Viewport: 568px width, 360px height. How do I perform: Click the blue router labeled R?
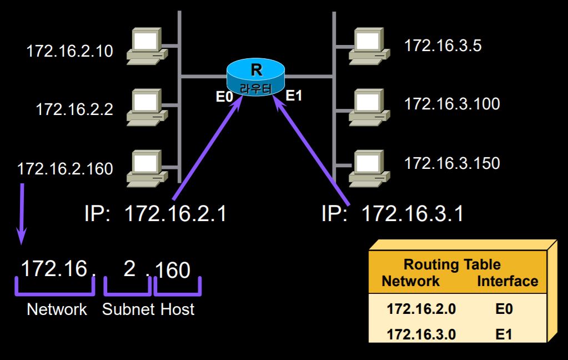[x=256, y=77]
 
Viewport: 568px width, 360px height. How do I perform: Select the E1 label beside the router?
[x=294, y=96]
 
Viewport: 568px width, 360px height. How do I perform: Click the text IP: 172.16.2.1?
[x=156, y=213]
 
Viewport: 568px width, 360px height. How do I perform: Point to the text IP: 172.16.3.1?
[x=393, y=213]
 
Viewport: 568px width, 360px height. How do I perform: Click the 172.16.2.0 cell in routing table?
[x=421, y=309]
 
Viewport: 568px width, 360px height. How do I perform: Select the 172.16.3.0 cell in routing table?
[x=421, y=334]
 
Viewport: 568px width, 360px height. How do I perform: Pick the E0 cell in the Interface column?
[x=504, y=309]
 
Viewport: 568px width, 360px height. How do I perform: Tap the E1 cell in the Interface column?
[x=504, y=334]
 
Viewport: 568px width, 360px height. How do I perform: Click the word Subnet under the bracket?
[x=128, y=309]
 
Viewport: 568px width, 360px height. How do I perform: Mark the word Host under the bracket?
[x=178, y=309]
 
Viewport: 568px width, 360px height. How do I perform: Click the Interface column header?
[x=507, y=281]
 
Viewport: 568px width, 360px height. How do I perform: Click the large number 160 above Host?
[x=173, y=271]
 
